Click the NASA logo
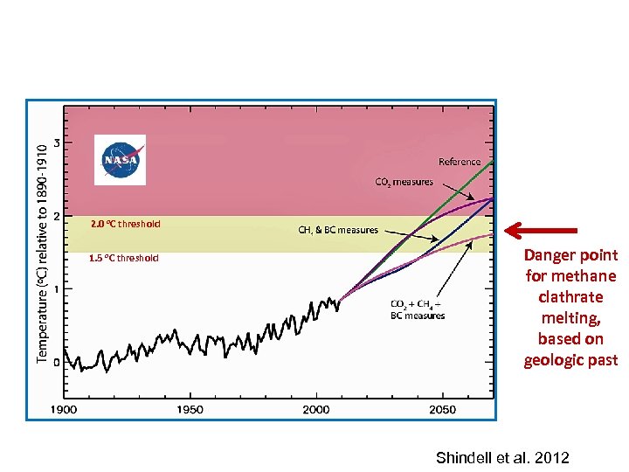(121, 160)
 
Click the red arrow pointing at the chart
(541, 231)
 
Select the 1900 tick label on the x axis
(63, 410)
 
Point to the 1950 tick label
(190, 410)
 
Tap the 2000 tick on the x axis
(316, 410)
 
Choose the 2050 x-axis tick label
(443, 410)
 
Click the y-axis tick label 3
(57, 142)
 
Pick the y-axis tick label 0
(57, 362)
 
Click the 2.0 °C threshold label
(125, 224)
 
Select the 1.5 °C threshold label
(124, 258)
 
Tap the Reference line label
(460, 162)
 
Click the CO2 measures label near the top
(404, 182)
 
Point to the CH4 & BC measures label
(338, 230)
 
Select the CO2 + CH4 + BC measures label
(418, 309)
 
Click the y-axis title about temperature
(42, 253)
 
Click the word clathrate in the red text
(570, 297)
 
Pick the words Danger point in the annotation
(570, 255)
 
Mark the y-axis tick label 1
(57, 289)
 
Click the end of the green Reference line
(493, 163)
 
